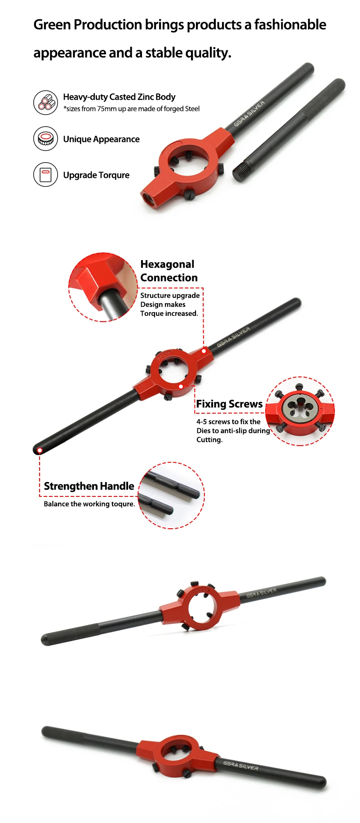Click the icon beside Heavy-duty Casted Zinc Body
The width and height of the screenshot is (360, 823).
[x=45, y=102]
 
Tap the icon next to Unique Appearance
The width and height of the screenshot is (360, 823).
[x=45, y=138]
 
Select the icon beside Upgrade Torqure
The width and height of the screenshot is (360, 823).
[x=45, y=174]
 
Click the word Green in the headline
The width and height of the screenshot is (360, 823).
[x=52, y=25]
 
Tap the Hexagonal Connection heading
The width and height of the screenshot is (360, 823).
[x=169, y=271]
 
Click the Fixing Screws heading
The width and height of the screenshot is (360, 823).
[x=229, y=404]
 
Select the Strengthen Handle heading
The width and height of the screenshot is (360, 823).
[x=89, y=486]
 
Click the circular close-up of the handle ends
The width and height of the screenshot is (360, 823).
[x=171, y=495]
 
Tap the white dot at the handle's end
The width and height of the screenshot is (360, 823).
[x=40, y=450]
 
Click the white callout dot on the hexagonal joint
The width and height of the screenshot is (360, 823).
[x=204, y=350]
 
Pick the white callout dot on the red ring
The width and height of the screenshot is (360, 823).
[x=181, y=386]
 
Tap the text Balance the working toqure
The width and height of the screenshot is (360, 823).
[x=89, y=504]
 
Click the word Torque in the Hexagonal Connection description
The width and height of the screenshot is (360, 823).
[x=151, y=314]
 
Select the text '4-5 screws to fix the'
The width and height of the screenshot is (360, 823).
[x=228, y=422]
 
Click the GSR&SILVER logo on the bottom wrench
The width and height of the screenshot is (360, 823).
[x=241, y=765]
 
